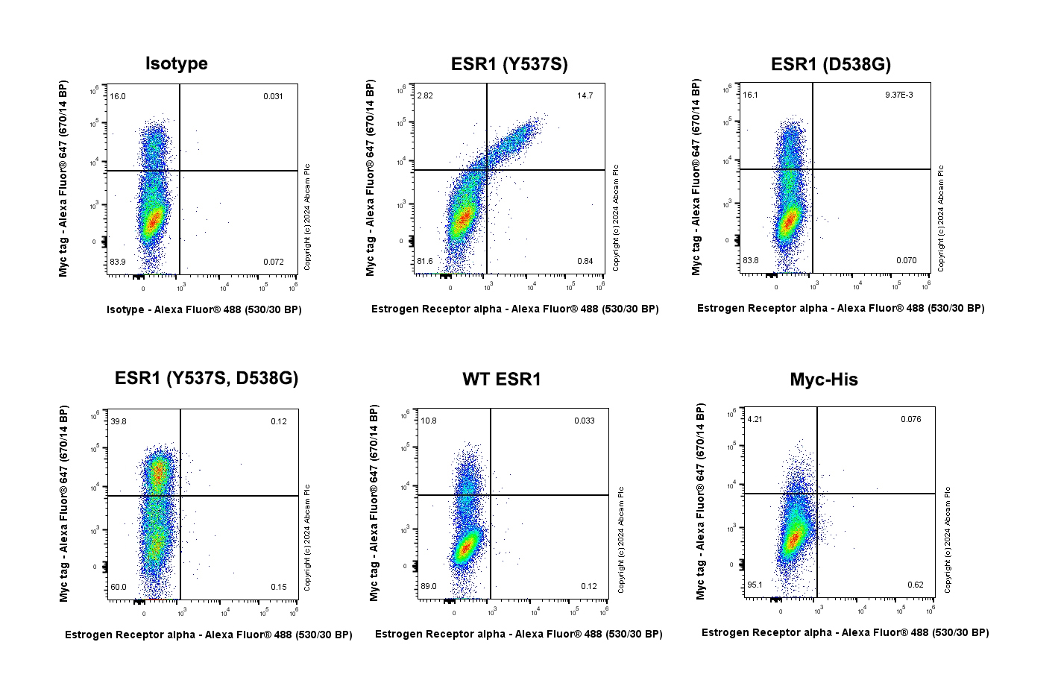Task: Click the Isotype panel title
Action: pos(176,64)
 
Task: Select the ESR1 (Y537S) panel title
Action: pos(509,65)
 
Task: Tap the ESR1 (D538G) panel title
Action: pos(831,65)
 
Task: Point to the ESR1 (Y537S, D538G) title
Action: pos(207,379)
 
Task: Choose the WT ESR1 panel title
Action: pos(502,380)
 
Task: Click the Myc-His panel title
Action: pos(824,380)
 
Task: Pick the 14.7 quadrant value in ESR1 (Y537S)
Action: pos(585,96)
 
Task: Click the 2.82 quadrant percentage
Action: pos(425,96)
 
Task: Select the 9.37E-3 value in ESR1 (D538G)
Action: pos(898,95)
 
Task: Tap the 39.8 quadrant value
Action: pos(119,422)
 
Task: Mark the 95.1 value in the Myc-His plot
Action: pos(755,585)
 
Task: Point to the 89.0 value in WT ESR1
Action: pos(429,587)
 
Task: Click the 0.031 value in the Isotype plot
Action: pos(273,97)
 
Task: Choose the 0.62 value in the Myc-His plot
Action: pos(915,585)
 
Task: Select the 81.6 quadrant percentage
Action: pos(425,262)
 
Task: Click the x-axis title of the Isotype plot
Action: pos(204,309)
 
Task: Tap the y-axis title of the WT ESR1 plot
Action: pos(374,503)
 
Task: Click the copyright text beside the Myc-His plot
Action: pos(948,540)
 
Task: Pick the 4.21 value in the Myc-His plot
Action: pos(755,420)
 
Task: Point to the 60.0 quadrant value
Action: pos(119,588)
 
